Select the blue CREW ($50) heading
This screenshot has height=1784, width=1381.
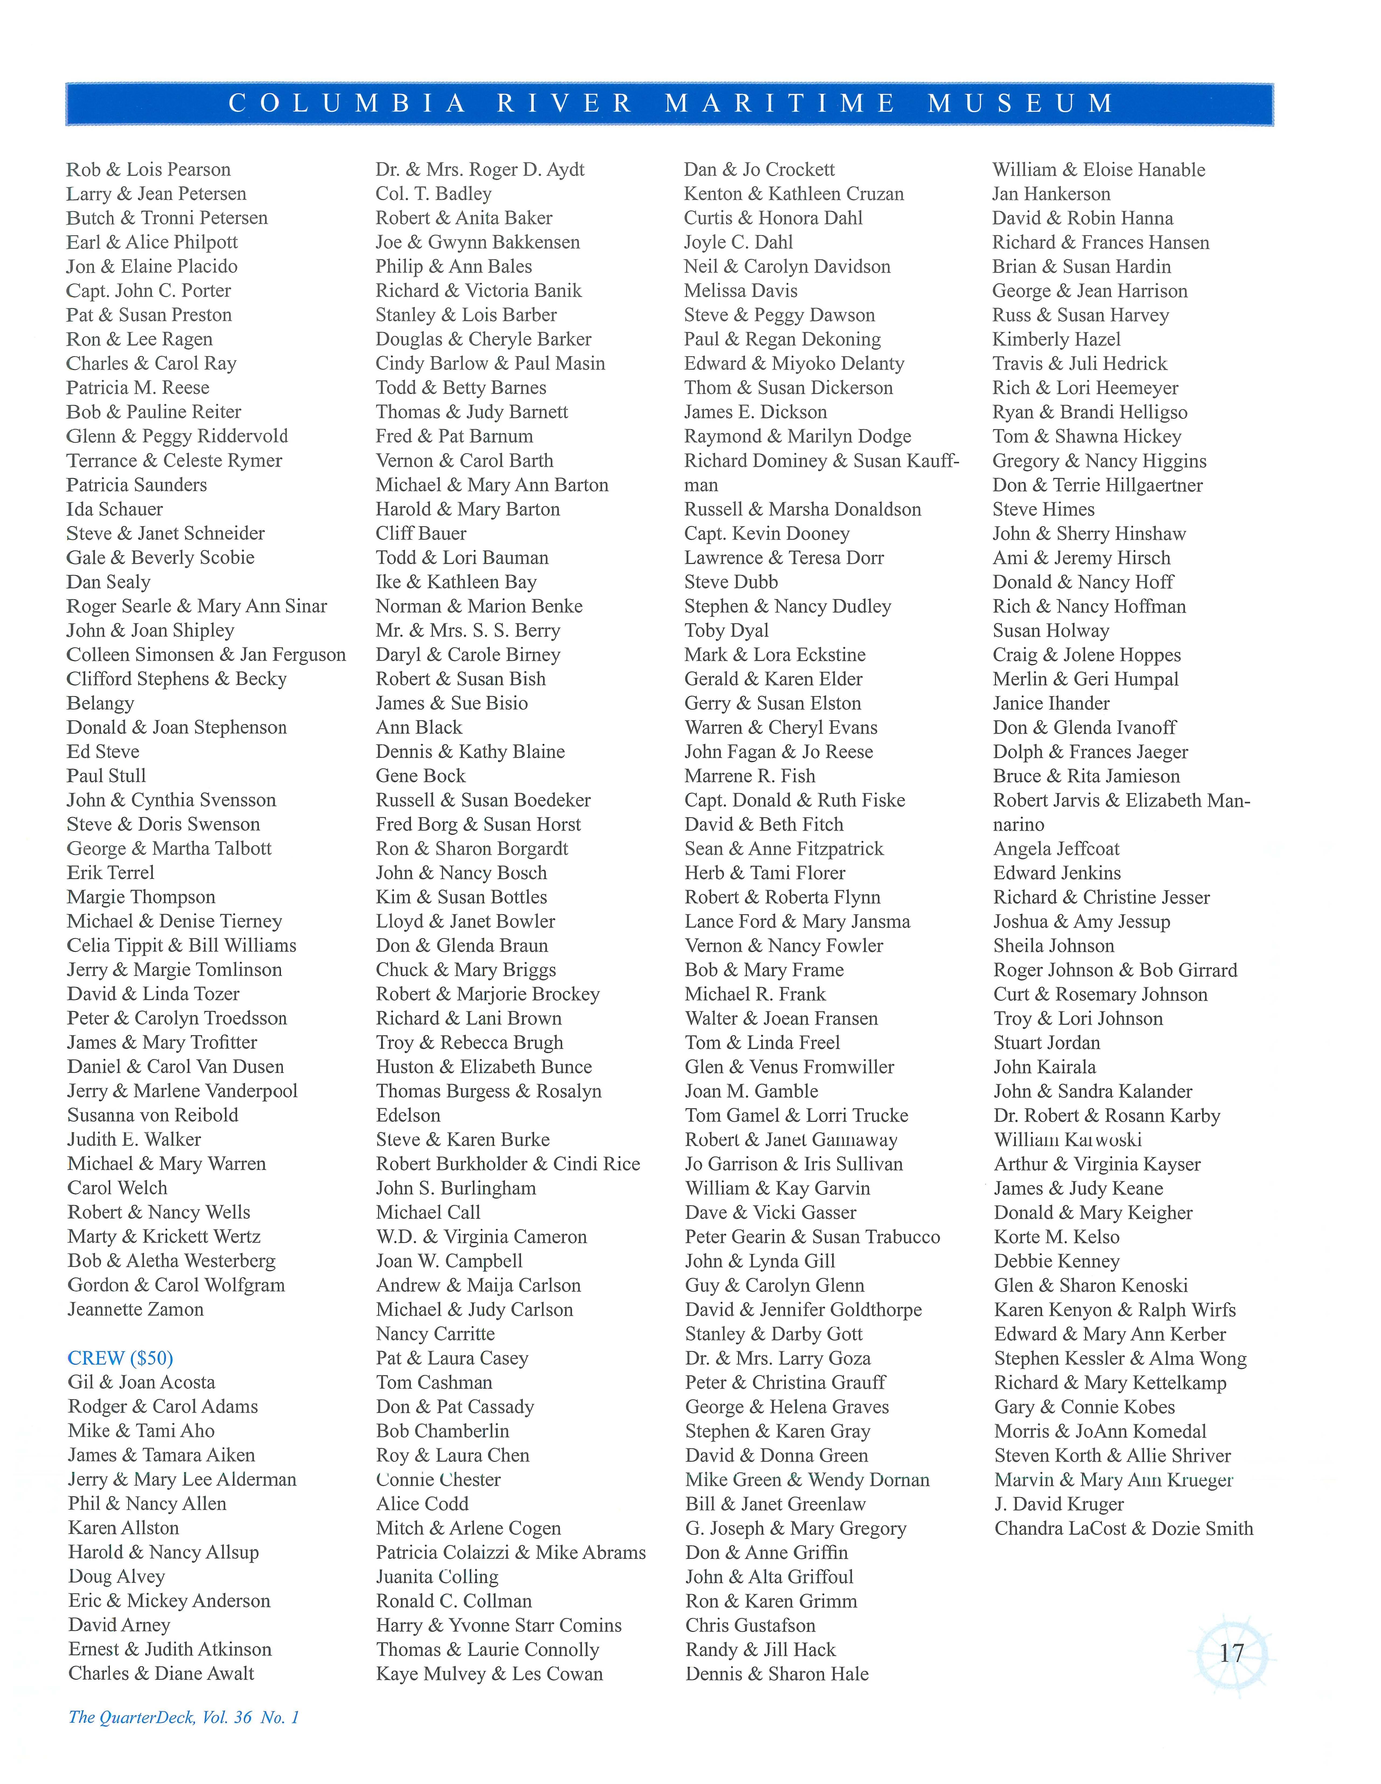[x=120, y=1358]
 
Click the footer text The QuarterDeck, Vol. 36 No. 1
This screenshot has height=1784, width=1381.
[x=184, y=1717]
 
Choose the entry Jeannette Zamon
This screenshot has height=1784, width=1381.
[x=136, y=1309]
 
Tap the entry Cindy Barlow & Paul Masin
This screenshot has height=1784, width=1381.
[x=490, y=364]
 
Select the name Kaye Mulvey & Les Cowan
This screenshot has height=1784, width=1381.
[x=489, y=1674]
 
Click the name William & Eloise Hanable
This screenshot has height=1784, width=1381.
[x=1098, y=170]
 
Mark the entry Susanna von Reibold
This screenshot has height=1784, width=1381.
[x=153, y=1115]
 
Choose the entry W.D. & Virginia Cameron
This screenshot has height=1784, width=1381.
[x=481, y=1237]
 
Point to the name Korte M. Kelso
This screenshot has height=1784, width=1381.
[x=1057, y=1237]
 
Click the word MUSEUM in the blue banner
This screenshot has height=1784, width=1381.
[x=1021, y=104]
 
